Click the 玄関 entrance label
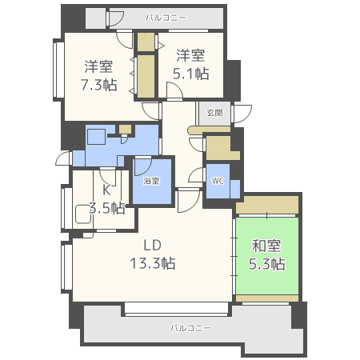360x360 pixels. [x=214, y=113]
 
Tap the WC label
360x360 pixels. [x=218, y=181]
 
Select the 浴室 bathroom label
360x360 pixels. [x=151, y=181]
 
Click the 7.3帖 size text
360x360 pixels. [x=99, y=85]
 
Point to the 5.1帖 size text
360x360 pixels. [x=191, y=74]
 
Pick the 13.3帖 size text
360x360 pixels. [x=153, y=263]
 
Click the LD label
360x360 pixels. [x=153, y=245]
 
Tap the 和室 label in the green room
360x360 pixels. [x=266, y=246]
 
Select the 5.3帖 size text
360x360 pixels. [x=267, y=264]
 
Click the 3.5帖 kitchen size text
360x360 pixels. [x=106, y=208]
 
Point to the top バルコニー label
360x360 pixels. [x=166, y=18]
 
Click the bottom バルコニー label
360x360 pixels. [x=191, y=328]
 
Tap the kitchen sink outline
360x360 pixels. [x=83, y=214]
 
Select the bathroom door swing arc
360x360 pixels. [x=143, y=167]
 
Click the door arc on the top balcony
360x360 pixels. [x=116, y=18]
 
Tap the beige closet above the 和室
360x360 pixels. [x=267, y=205]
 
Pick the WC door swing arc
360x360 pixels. [x=197, y=175]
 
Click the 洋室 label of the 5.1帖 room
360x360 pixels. [x=190, y=55]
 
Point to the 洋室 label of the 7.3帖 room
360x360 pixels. [x=98, y=66]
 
